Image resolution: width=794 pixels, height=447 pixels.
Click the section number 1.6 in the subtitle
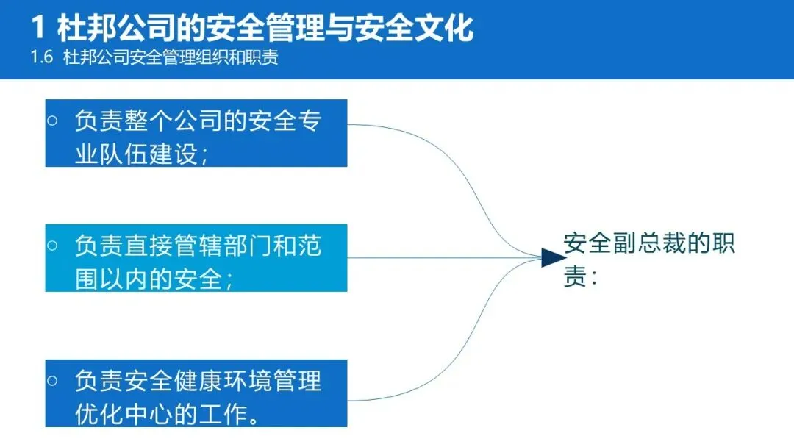pos(42,59)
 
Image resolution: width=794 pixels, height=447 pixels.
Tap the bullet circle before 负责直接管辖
pos(52,244)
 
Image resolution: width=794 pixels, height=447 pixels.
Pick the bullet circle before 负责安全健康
pos(52,380)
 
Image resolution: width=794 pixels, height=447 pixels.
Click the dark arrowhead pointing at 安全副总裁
pos(551,257)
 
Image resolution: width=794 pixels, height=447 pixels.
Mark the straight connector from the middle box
pos(441,257)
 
